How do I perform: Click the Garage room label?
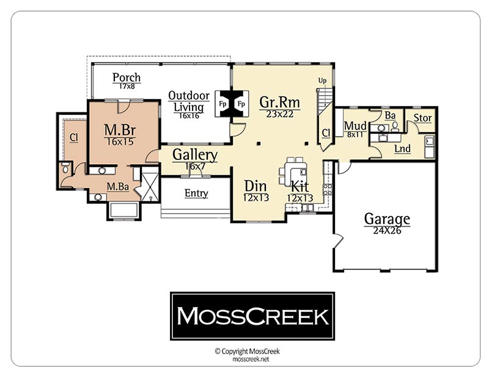[x=387, y=219]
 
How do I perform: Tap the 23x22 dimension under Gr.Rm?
[x=280, y=114]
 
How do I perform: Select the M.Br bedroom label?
[x=120, y=129]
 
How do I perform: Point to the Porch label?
[x=127, y=78]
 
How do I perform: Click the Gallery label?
[x=195, y=155]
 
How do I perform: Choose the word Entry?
[x=196, y=193]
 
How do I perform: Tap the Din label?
[x=256, y=186]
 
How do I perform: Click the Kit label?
[x=300, y=187]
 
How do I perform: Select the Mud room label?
[x=355, y=126]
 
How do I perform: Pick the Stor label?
[x=422, y=118]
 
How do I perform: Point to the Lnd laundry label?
[x=402, y=148]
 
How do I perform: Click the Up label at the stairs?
[x=322, y=81]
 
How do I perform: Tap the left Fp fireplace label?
[x=222, y=104]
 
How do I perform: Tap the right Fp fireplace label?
[x=241, y=104]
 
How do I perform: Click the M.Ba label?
[x=117, y=187]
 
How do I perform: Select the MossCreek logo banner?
[x=252, y=316]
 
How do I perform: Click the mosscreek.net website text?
[x=251, y=359]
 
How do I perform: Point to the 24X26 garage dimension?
[x=387, y=231]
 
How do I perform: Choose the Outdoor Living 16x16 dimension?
[x=189, y=115]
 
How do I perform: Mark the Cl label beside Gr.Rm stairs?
[x=326, y=133]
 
